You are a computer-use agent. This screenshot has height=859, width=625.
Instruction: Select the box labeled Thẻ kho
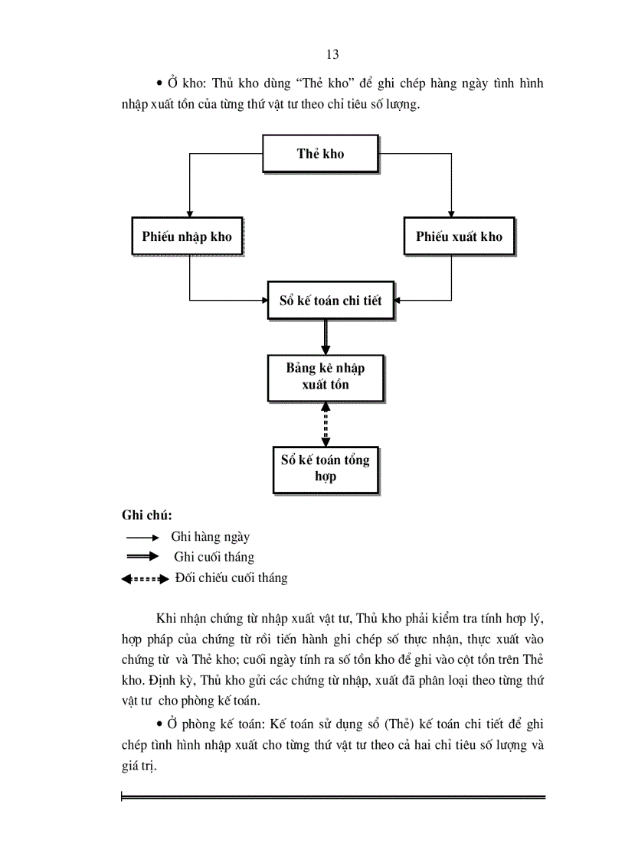click(320, 154)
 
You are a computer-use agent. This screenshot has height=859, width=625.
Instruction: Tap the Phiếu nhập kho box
click(186, 236)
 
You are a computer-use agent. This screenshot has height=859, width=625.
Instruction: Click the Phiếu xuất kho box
click(459, 236)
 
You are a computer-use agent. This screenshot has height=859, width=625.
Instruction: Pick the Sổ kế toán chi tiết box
click(324, 301)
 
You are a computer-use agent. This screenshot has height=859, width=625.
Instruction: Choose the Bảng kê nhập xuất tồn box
click(325, 376)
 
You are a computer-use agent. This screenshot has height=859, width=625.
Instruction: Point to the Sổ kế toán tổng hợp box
click(325, 467)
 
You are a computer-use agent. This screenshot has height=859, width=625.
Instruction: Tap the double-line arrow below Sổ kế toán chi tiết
click(326, 337)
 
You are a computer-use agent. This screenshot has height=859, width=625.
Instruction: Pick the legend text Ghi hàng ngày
click(211, 538)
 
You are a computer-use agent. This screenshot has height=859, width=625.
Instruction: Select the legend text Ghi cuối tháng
click(214, 558)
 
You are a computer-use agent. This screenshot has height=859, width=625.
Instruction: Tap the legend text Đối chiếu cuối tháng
click(231, 578)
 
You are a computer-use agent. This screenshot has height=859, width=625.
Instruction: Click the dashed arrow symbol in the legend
click(144, 580)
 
